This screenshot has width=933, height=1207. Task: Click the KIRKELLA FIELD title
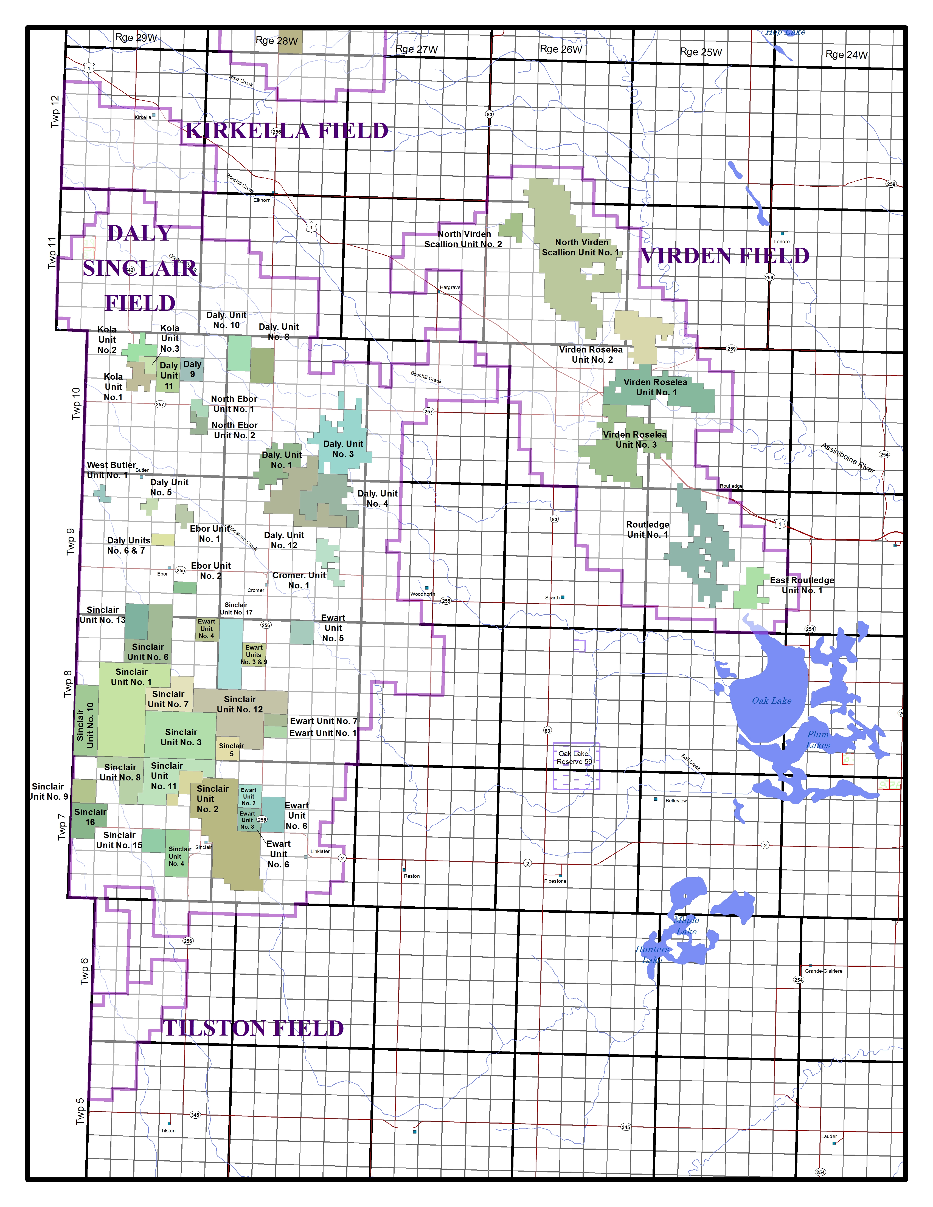286,131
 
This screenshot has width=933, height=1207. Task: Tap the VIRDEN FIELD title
725,256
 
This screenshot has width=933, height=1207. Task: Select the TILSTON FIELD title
254,1028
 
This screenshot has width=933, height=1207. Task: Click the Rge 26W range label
560,49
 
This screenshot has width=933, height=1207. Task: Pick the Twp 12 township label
55,111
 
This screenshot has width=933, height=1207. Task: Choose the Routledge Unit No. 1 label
647,529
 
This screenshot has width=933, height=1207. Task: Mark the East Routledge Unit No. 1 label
802,585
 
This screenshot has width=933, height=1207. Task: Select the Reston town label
412,876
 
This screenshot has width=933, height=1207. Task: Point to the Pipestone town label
555,881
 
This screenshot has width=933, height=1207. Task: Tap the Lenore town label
782,241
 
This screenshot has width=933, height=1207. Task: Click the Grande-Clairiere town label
824,971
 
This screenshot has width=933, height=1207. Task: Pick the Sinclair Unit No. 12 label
240,704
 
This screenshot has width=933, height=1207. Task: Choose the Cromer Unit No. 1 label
299,580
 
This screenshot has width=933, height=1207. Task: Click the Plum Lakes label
817,740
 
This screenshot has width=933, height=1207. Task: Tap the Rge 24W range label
846,55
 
